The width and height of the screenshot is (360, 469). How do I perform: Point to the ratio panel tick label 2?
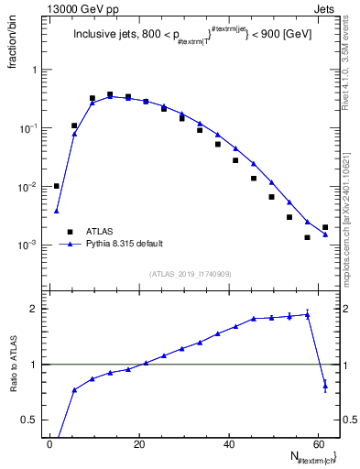point(36,309)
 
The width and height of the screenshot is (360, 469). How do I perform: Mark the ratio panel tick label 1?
point(36,365)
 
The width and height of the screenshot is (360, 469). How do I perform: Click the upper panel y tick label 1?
point(36,71)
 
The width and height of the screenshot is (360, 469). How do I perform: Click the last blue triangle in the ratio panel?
point(325,387)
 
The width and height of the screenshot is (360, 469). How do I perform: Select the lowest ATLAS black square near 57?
point(307,237)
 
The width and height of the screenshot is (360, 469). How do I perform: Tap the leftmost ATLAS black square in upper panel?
point(57,186)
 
